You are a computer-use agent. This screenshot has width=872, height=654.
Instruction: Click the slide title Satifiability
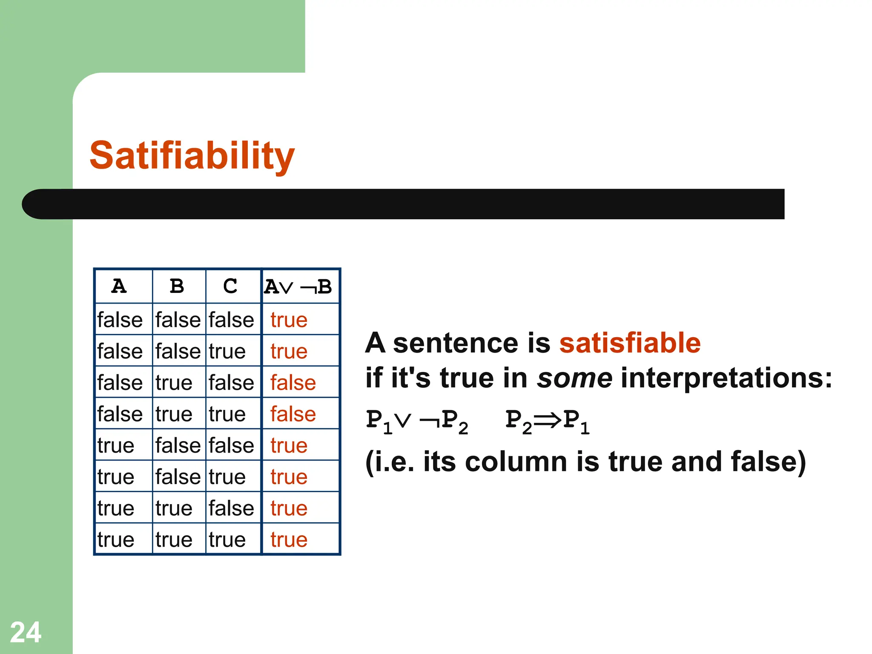[192, 155]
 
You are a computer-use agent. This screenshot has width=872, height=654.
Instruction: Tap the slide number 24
[26, 632]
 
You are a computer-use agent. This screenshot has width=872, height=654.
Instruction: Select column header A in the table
[119, 286]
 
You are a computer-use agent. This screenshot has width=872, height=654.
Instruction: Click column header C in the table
[230, 286]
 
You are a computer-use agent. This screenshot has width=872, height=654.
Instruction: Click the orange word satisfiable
[630, 343]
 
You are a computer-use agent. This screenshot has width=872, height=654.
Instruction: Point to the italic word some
[574, 378]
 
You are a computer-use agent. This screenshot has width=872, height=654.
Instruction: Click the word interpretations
[726, 378]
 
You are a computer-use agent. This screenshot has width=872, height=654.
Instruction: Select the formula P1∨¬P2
[417, 421]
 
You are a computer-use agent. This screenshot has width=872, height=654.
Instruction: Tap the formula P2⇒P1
[547, 421]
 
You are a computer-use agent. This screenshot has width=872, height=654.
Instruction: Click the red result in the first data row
[289, 320]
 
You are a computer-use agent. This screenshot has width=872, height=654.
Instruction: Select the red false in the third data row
[293, 383]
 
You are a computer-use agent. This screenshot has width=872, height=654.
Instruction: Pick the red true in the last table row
[289, 540]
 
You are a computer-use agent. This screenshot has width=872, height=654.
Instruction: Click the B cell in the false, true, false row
[174, 383]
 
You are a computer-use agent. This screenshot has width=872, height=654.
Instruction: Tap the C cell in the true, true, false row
[231, 508]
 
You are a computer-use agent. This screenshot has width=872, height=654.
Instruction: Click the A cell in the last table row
[115, 540]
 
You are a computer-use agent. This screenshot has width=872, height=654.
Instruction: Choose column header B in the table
[177, 286]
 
